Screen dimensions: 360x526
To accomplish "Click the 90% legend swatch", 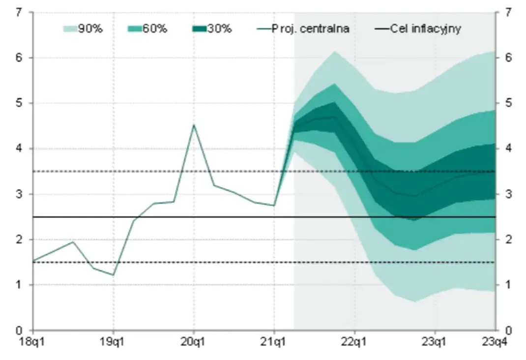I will (71, 29).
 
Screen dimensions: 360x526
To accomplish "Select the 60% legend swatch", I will (135, 29).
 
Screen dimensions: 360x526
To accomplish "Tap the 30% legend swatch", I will (199, 29).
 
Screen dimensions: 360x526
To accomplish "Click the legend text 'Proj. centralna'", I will (310, 29).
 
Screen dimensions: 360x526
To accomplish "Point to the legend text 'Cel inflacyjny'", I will (426, 29).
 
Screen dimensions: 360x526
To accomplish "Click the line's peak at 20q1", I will (194, 124).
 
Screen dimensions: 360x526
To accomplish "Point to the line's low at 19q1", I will (114, 275).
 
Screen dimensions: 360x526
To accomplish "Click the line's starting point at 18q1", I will (33, 261).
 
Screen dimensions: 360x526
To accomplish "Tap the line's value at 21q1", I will (274, 205).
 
